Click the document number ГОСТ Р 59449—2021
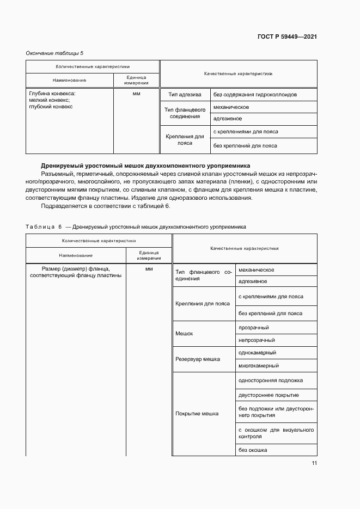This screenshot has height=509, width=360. [287, 36]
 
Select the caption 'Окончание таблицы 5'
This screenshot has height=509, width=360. [55, 53]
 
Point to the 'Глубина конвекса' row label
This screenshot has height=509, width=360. [52, 94]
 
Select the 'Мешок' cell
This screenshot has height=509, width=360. [184, 333]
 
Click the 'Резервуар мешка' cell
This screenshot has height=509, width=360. [197, 359]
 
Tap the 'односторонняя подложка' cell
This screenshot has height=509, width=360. [271, 381]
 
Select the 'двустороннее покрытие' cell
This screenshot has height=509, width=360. [269, 395]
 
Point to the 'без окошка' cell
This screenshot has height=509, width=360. [253, 450]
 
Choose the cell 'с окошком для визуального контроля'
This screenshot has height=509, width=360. [276, 433]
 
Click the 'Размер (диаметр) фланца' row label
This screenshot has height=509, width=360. [76, 268]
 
